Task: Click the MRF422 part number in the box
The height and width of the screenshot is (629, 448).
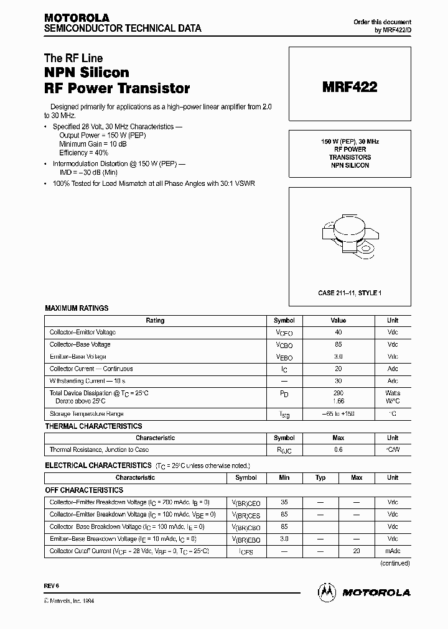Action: [x=349, y=88]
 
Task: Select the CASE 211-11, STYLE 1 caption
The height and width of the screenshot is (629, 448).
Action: [x=349, y=292]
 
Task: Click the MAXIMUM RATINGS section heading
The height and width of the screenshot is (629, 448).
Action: [x=77, y=308]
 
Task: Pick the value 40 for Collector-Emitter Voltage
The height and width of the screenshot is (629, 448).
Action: [x=338, y=333]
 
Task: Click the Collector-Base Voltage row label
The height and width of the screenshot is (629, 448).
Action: [x=80, y=344]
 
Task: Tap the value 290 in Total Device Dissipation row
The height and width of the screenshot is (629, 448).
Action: [x=338, y=393]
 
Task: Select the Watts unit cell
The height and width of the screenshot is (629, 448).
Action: [x=393, y=393]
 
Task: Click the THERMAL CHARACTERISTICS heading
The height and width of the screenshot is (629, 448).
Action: [x=93, y=426]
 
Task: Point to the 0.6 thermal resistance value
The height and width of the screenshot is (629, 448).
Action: [x=338, y=449]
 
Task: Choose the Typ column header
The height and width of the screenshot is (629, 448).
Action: [x=320, y=477]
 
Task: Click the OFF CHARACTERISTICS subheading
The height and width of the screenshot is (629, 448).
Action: [x=84, y=490]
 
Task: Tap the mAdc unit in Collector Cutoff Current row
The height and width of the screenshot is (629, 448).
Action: [x=393, y=551]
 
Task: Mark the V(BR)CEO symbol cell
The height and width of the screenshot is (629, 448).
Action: [x=246, y=503]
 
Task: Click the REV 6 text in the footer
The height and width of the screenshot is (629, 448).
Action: [x=51, y=586]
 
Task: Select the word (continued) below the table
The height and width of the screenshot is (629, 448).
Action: [x=394, y=563]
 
